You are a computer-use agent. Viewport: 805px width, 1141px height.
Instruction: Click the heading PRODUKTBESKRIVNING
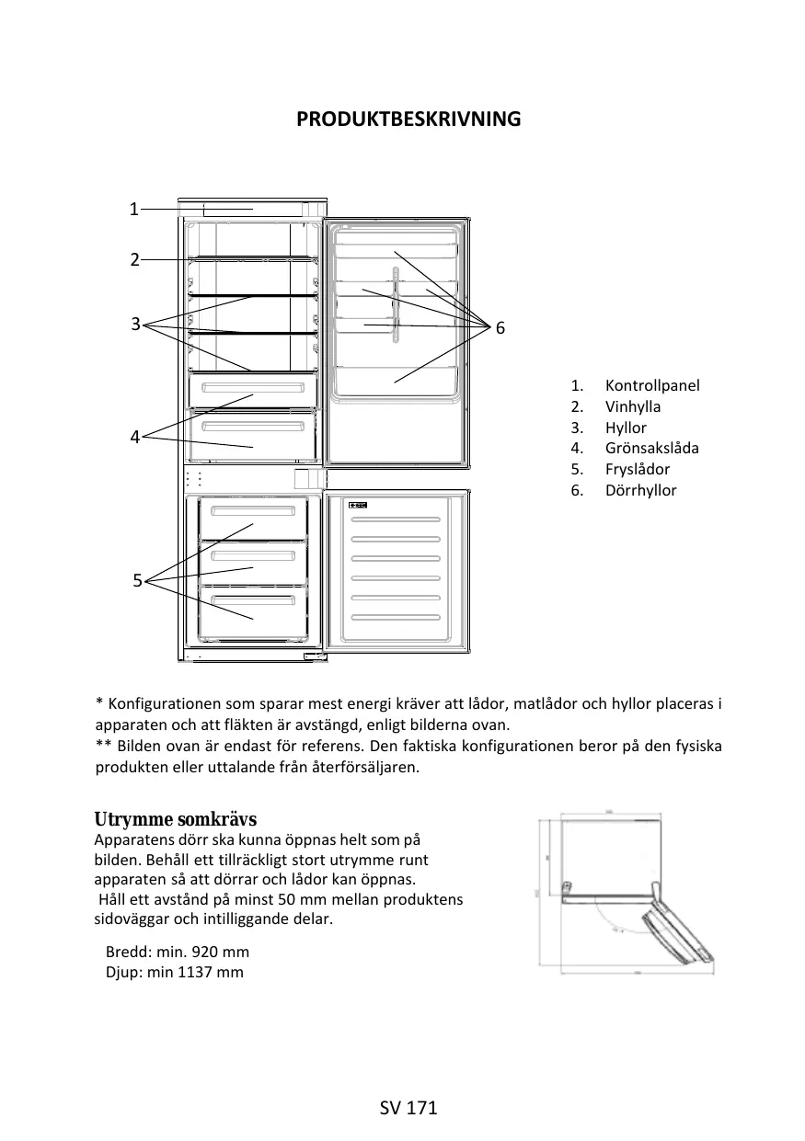pos(408,120)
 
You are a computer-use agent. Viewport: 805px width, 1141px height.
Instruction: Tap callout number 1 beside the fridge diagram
pos(133,209)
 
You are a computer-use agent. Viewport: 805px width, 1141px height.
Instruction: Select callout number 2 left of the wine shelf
pos(134,259)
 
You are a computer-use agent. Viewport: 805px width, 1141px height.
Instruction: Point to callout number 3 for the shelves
pos(135,324)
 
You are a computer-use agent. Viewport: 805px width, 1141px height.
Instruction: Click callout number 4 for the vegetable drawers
pos(134,438)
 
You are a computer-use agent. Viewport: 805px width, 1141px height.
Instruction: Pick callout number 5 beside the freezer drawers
pos(137,580)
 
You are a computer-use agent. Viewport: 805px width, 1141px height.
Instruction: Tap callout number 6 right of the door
pos(500,328)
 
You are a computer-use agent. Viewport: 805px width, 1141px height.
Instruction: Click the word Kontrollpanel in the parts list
pos(652,385)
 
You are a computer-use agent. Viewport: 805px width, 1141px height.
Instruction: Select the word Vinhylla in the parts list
pos(633,406)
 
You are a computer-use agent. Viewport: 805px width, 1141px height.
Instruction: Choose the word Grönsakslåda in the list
pos(652,448)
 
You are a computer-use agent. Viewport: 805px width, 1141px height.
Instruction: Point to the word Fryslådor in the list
pos(638,469)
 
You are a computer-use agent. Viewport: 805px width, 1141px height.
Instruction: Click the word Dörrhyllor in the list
pos(640,490)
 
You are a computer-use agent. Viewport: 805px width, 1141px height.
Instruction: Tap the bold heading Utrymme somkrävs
pos(176,819)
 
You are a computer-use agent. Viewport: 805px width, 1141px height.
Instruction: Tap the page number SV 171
pos(408,1108)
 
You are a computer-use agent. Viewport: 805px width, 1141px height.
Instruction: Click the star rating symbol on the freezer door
pos(359,506)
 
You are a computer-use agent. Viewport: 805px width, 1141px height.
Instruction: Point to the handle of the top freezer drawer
pos(251,511)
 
